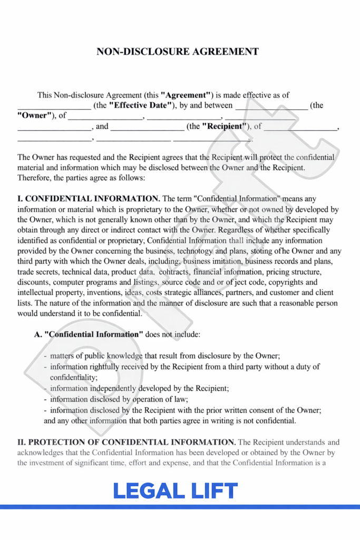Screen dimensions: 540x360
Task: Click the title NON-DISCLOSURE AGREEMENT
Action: coord(178,52)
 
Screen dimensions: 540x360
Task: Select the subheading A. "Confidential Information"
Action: coord(89,334)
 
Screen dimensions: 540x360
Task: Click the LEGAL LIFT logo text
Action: coord(175,491)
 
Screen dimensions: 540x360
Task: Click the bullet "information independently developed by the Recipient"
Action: coord(139,388)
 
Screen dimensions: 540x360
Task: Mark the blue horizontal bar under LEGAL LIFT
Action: coord(180,507)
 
